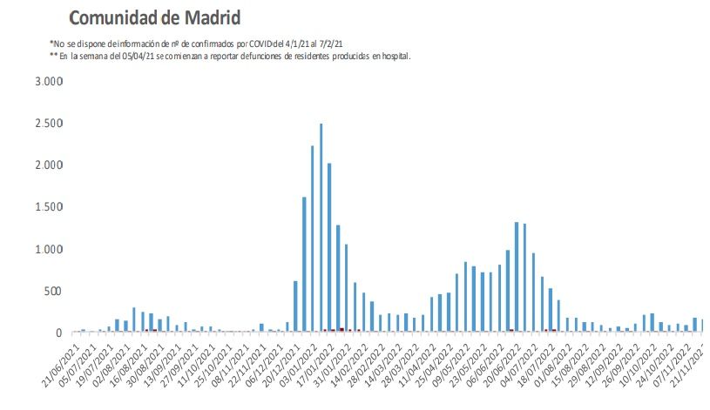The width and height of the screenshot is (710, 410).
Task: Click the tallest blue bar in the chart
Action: click(321, 228)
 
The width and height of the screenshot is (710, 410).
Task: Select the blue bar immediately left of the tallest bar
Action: click(312, 239)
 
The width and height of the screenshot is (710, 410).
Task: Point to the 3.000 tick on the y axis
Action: click(49, 82)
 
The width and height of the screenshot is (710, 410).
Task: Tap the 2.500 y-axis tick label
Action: click(49, 124)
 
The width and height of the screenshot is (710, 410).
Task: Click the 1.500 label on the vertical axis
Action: click(49, 207)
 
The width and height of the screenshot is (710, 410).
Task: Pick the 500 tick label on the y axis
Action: click(54, 291)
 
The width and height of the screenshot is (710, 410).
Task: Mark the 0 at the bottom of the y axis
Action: click(60, 333)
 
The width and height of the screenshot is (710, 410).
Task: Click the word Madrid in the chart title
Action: click(206, 18)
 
